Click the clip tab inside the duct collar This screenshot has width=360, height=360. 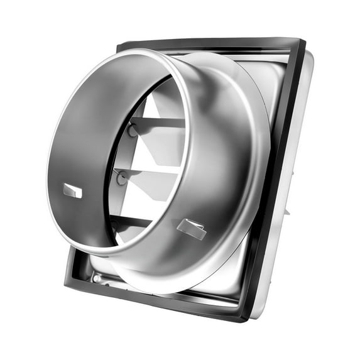coord(72,191)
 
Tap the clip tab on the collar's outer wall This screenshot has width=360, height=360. coord(192,228)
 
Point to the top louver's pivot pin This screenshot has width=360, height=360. coord(133,131)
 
